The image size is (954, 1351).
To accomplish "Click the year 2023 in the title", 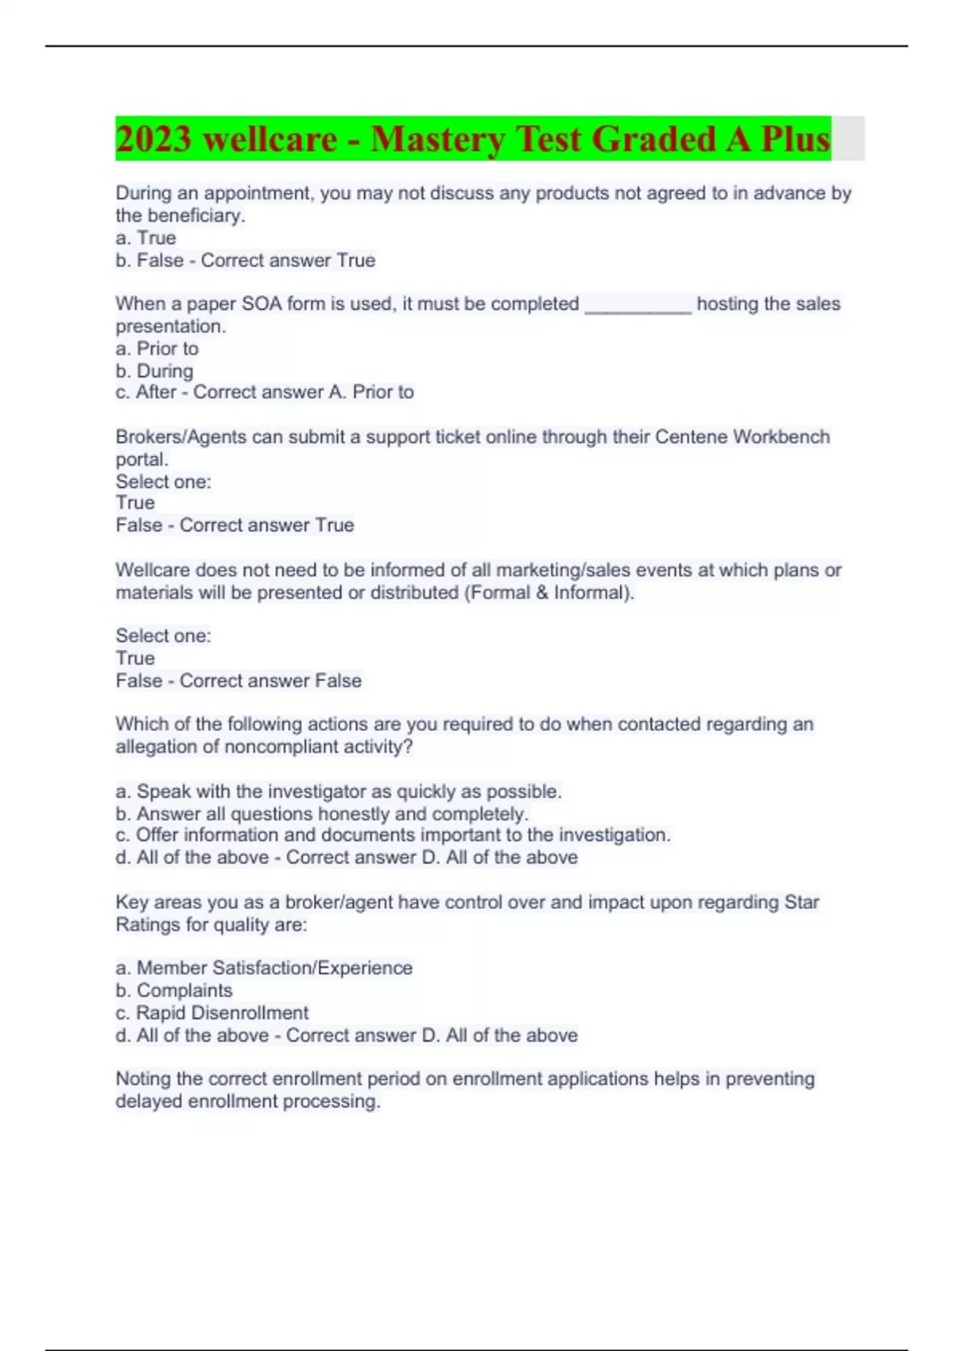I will click(154, 139).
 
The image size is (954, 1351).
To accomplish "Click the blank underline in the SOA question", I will click(638, 305).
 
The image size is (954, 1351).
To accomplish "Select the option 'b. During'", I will click(154, 371).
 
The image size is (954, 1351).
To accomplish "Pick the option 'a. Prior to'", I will click(157, 349).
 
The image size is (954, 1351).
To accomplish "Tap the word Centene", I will click(691, 437).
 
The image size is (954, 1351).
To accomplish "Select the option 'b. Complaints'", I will click(174, 991).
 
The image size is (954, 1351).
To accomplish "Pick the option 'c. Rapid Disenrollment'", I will click(211, 1013).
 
